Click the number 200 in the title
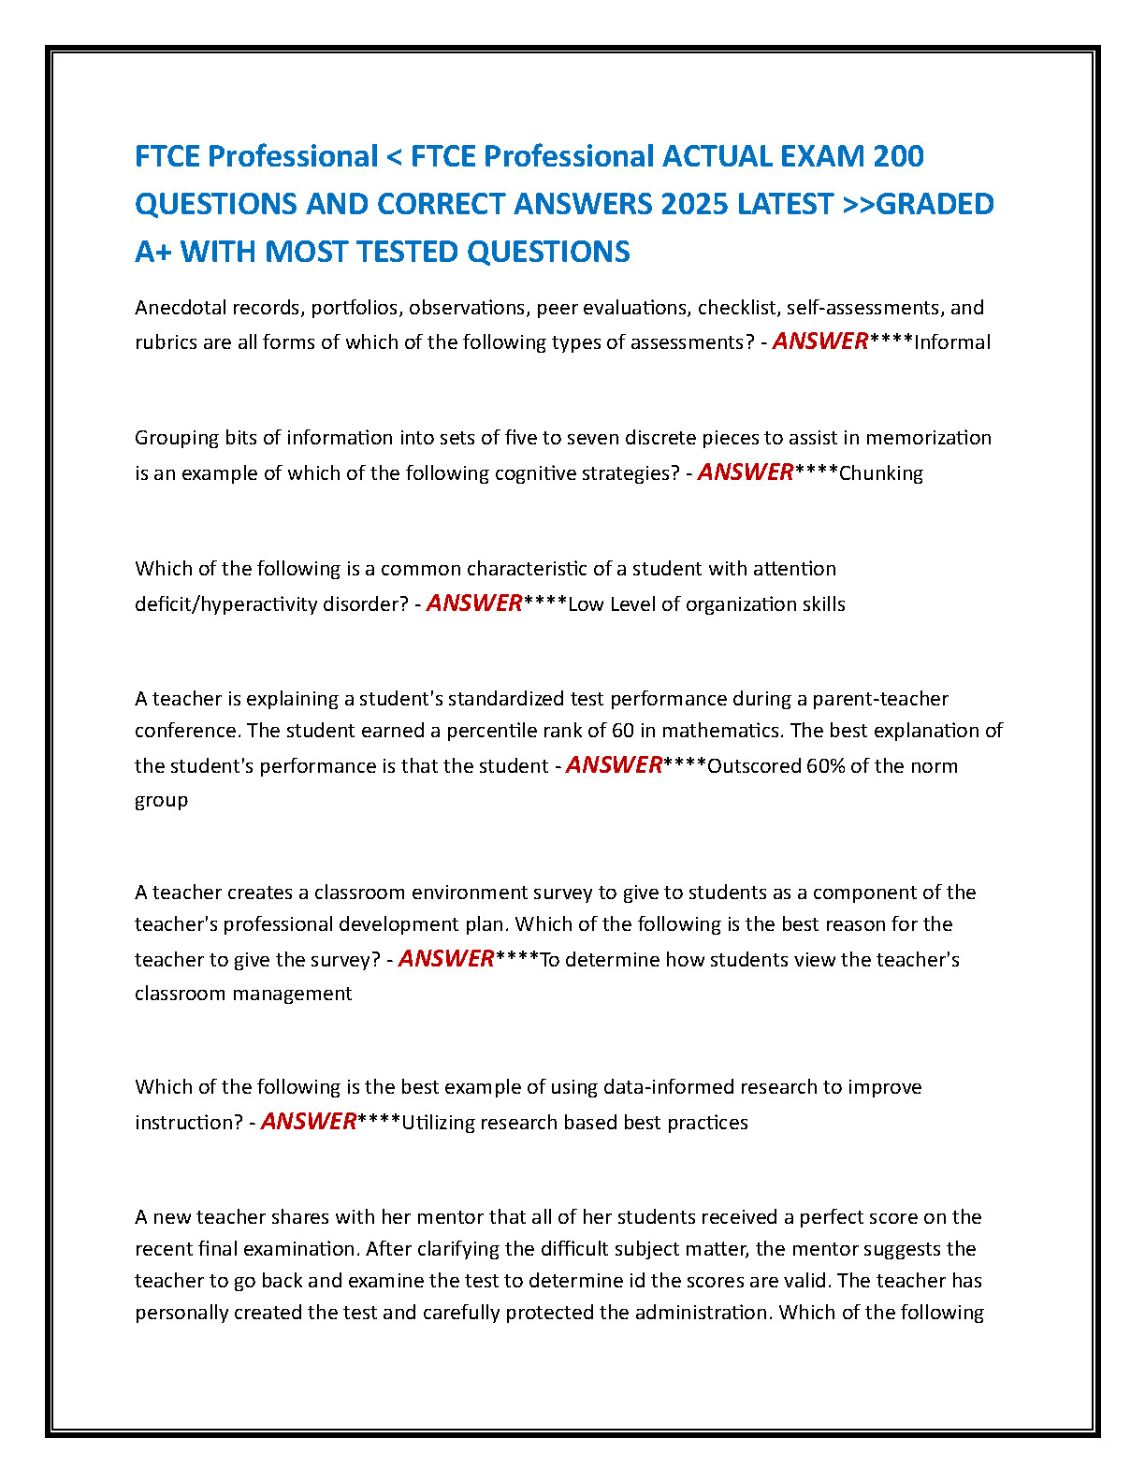898,156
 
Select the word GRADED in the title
935,204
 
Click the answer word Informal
952,342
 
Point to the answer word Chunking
881,473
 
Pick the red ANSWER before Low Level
474,603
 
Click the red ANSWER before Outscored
614,765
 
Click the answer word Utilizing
438,1123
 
